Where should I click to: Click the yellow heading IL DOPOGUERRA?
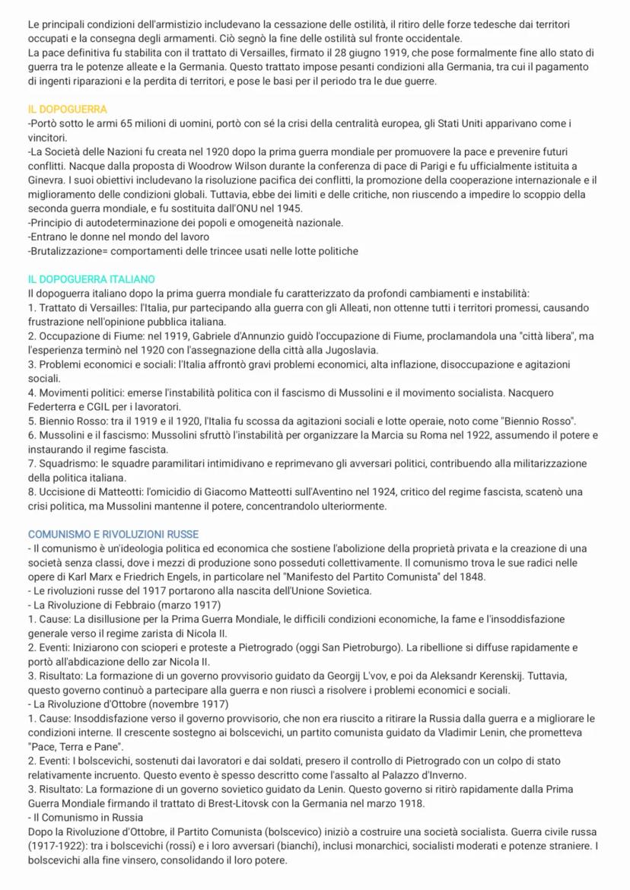67,110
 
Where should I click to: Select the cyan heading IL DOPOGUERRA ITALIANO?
91,280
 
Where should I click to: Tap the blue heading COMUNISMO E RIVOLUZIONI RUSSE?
113,535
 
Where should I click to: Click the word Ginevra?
47,180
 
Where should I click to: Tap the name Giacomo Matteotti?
234,491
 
